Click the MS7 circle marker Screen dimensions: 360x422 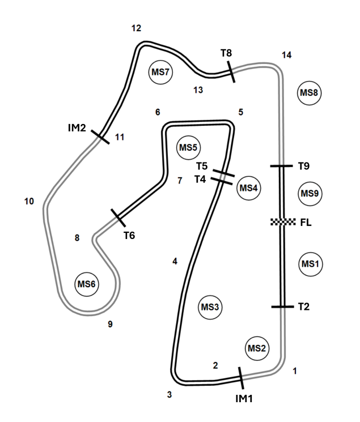point(160,72)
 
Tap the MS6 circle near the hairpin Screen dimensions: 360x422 point(87,284)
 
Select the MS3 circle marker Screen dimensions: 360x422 point(210,307)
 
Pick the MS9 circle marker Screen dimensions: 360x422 point(310,194)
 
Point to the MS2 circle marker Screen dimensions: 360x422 point(257,348)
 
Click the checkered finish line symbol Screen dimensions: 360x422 point(283,222)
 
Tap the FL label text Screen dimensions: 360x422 point(306,223)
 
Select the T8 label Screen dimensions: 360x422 point(226,53)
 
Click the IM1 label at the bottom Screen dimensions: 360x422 point(244,399)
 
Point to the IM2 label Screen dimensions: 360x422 point(77,128)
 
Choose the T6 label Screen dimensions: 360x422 point(129,236)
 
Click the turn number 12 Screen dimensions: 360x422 point(137,28)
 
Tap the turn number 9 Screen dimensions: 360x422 point(110,325)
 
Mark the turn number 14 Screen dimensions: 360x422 point(287,55)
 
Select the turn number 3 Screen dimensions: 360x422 point(170,395)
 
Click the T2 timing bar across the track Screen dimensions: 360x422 point(283,306)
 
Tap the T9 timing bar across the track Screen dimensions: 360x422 point(281,166)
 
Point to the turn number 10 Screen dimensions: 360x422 point(29,201)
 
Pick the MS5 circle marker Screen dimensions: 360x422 point(188,147)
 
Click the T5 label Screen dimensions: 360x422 point(202,166)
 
